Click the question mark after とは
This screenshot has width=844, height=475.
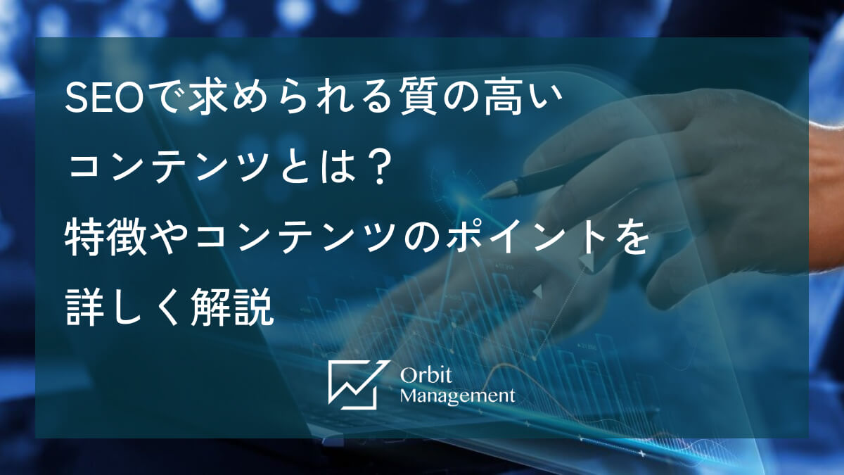[x=378, y=171]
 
